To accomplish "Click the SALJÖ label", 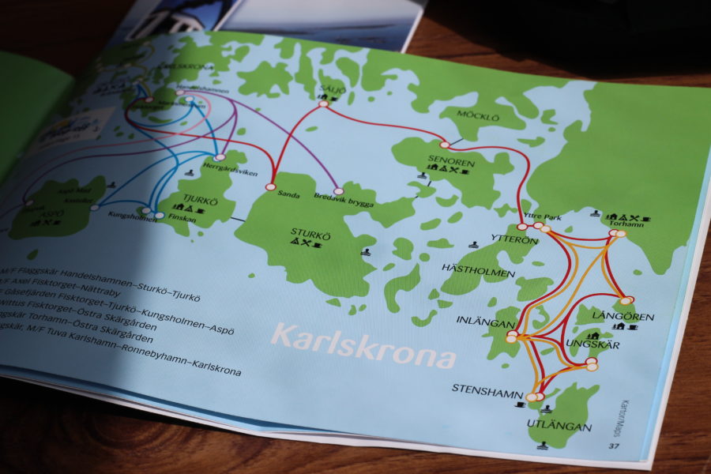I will pos(333,90).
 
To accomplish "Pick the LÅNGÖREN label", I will pos(633,317).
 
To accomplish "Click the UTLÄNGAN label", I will pos(559,427).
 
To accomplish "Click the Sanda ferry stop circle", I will pos(271,187).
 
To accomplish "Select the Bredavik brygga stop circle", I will pos(338,191).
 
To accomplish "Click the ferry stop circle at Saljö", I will pos(323,103).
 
